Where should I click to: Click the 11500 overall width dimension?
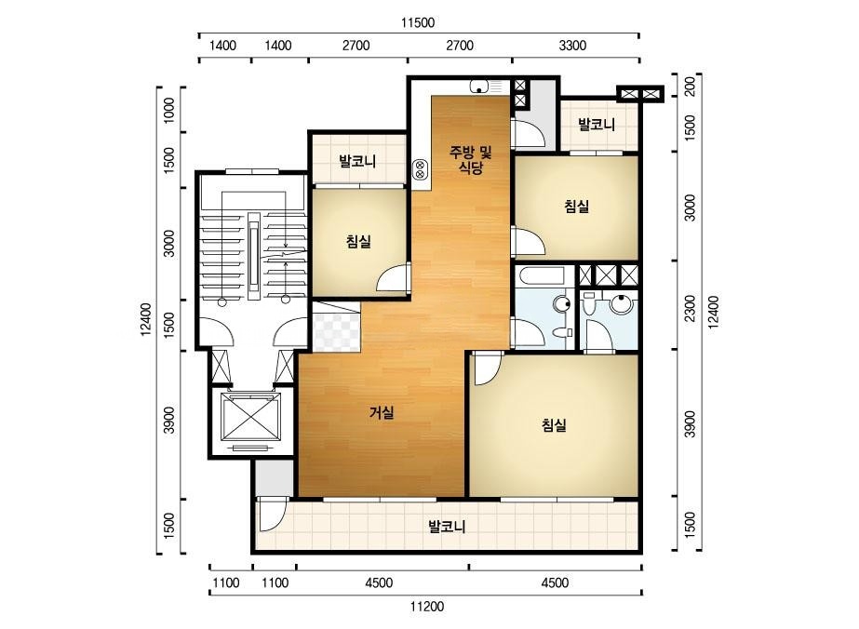click(x=418, y=22)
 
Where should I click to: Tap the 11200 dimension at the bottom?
click(x=427, y=607)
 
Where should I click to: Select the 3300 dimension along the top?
click(x=572, y=46)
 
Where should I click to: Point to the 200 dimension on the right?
click(x=691, y=86)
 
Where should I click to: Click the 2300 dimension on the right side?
click(x=691, y=309)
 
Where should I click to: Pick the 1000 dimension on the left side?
click(x=169, y=110)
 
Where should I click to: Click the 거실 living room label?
click(x=382, y=412)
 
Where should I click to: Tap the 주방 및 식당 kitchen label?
click(x=471, y=159)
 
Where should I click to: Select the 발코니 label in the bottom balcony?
click(x=447, y=527)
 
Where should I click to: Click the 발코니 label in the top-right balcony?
click(x=597, y=125)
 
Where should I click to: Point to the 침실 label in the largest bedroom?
click(x=554, y=424)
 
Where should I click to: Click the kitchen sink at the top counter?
click(x=479, y=87)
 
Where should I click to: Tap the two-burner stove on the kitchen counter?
click(x=420, y=169)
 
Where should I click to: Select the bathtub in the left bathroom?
click(x=544, y=275)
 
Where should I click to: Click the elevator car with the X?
click(x=249, y=417)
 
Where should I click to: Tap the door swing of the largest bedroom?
click(x=487, y=368)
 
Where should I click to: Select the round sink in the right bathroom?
click(x=621, y=302)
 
